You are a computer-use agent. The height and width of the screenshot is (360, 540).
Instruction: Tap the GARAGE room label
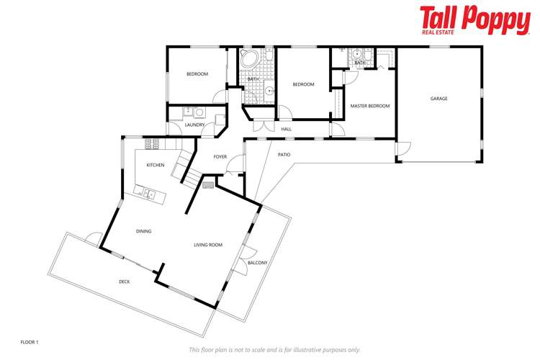(438, 99)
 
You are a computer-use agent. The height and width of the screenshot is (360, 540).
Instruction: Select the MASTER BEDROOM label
(369, 106)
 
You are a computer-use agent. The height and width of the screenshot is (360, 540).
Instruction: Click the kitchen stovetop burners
(152, 145)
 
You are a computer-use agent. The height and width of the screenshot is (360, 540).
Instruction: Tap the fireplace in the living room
(208, 185)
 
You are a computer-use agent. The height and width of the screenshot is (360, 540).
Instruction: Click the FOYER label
(220, 157)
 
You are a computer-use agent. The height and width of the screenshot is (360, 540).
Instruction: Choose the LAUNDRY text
(194, 125)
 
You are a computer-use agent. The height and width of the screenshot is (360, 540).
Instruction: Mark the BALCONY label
(257, 263)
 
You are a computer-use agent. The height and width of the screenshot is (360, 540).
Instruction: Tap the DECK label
(125, 282)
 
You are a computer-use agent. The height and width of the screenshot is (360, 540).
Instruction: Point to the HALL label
(286, 129)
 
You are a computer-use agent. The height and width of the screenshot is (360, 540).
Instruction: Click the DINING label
(143, 231)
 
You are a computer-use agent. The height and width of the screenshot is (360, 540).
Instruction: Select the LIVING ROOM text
(207, 245)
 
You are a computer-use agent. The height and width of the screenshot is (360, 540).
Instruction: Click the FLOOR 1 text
(29, 341)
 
